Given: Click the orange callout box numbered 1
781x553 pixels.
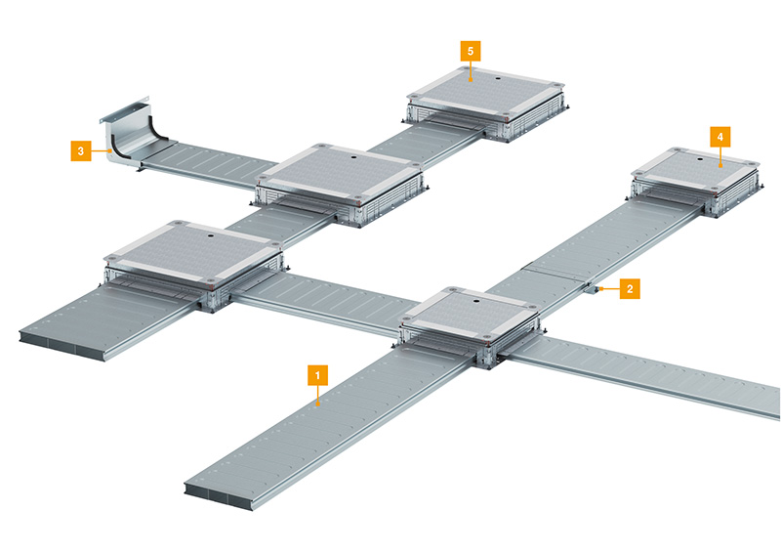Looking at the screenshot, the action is click(318, 375).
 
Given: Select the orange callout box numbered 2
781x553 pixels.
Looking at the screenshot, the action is click(630, 288).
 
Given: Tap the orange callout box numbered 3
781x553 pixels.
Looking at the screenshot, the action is click(81, 150).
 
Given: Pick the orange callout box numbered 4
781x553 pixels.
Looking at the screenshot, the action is click(720, 136).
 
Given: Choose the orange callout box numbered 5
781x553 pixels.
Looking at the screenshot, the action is click(471, 51).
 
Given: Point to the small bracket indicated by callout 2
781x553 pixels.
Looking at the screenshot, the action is click(592, 289).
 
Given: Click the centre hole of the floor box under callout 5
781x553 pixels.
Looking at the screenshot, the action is click(497, 78).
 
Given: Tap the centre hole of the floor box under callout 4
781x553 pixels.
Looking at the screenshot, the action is click(701, 159).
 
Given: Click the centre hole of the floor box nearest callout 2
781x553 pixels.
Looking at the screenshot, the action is click(475, 301).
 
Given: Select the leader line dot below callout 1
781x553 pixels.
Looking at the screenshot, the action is click(318, 405).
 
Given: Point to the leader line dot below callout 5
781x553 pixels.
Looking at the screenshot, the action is click(471, 78).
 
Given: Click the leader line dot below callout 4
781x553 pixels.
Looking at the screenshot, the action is click(720, 164).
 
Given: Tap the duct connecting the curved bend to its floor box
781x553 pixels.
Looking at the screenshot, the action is click(209, 164).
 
